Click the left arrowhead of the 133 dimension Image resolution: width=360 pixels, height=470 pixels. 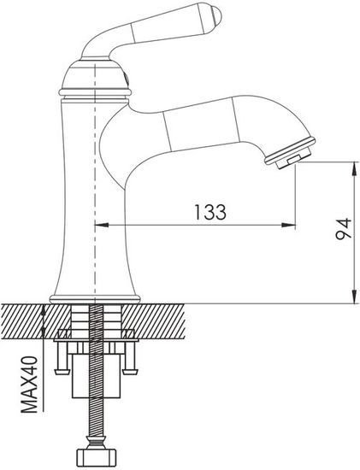coord(98,226)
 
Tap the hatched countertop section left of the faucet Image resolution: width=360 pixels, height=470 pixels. coord(23,322)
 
